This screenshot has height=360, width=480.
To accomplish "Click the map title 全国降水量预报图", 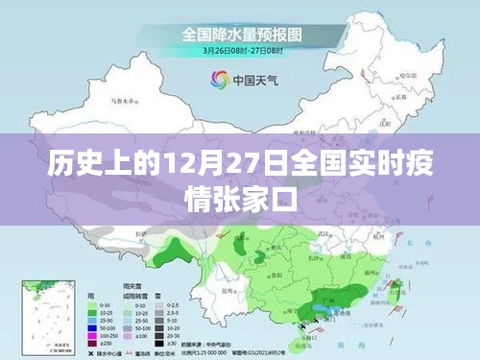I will pos(240,33).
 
